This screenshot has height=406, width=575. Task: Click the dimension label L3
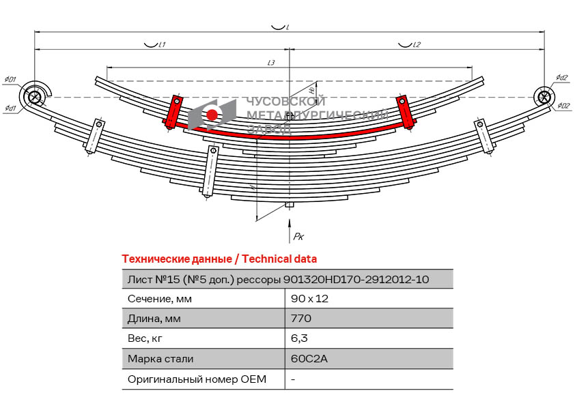pyautogui.click(x=271, y=63)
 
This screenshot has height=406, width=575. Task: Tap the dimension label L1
pyautogui.click(x=162, y=45)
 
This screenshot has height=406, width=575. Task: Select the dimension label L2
pyautogui.click(x=417, y=45)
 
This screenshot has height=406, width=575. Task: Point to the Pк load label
pyautogui.click(x=298, y=236)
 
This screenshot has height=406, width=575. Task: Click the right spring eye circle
pyautogui.click(x=544, y=96)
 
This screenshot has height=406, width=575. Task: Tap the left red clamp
pyautogui.click(x=173, y=112)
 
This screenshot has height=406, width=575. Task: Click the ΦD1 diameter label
pyautogui.click(x=10, y=80)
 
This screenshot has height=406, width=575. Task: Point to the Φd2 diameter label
pyautogui.click(x=561, y=77)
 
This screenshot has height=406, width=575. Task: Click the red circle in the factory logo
pyautogui.click(x=212, y=115)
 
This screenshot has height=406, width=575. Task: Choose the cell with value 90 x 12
pyautogui.click(x=309, y=298)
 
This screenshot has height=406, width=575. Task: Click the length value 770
pyautogui.click(x=301, y=318)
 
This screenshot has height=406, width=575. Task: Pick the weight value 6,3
pyautogui.click(x=298, y=338)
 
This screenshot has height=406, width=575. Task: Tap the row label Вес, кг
pyautogui.click(x=145, y=338)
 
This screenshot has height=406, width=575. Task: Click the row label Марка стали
pyautogui.click(x=160, y=358)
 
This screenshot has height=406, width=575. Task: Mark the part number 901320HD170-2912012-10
pyautogui.click(x=356, y=278)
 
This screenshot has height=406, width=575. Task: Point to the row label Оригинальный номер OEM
pyautogui.click(x=197, y=379)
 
